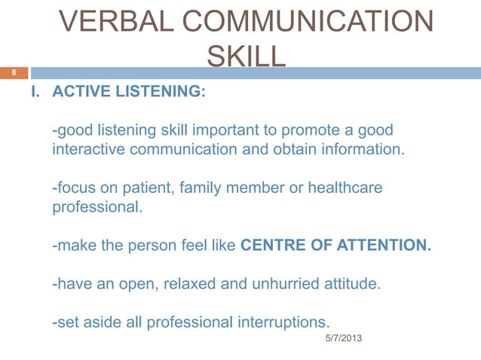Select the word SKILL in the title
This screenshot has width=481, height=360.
246,56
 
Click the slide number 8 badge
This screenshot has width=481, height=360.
12,73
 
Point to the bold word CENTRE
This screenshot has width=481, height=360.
273,245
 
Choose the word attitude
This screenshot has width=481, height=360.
354,284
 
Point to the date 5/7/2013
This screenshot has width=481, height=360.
343,340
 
